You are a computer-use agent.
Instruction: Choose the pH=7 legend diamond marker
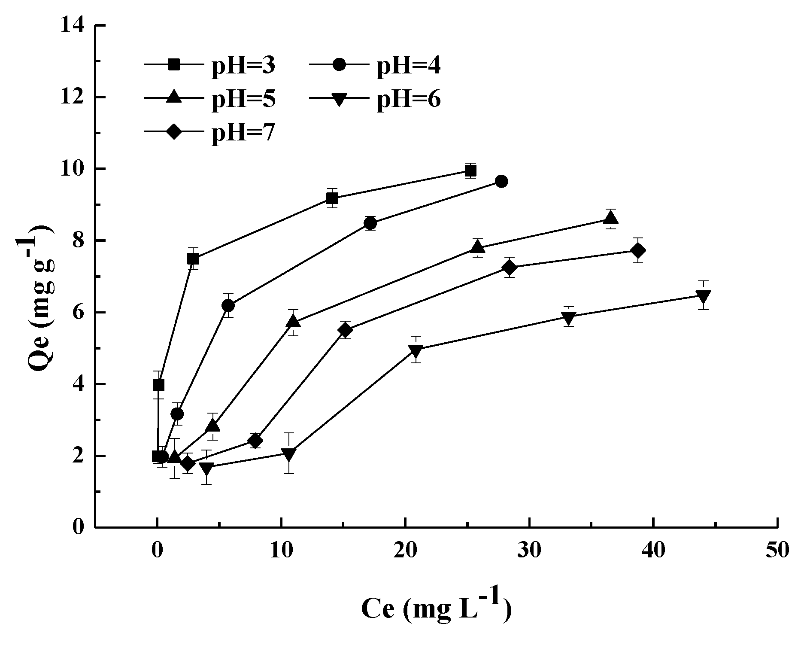173,131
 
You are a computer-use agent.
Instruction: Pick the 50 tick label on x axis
777,551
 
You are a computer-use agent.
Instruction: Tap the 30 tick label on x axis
529,551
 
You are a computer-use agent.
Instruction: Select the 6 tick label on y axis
78,313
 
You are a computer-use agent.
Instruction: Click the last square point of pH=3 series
470,171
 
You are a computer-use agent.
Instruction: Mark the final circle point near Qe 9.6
501,181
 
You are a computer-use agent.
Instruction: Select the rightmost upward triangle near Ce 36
611,218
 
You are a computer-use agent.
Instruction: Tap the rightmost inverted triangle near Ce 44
703,296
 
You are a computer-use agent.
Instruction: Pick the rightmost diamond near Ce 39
638,250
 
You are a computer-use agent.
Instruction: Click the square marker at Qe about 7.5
193,259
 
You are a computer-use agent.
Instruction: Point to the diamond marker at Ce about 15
346,330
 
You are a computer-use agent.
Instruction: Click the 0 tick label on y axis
78,527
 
